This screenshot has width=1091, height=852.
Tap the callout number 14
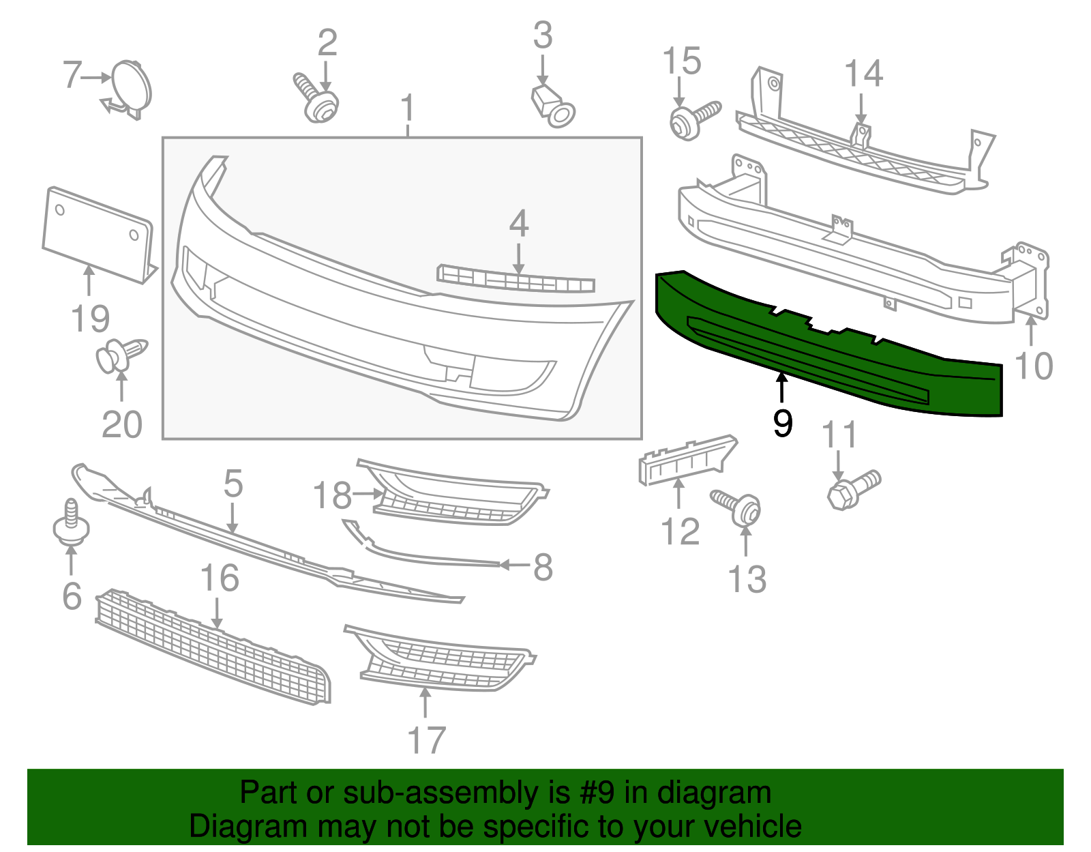[863, 74]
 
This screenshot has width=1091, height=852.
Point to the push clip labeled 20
[119, 355]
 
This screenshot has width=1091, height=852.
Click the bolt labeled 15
[692, 120]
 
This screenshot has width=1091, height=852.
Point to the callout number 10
[1034, 366]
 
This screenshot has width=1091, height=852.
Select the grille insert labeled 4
[515, 280]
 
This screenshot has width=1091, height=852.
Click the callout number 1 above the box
[407, 109]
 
